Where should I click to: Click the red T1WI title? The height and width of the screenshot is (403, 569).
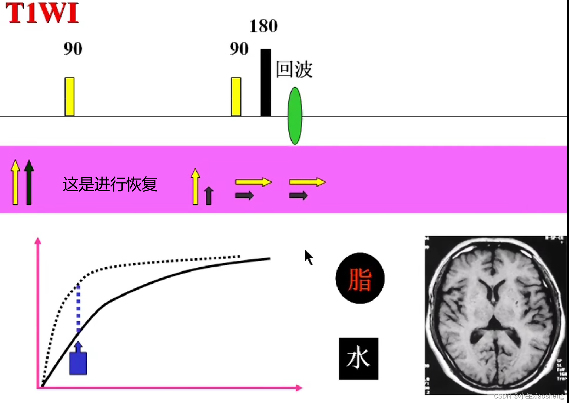tap(42, 13)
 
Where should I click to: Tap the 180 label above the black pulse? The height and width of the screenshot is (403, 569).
tap(263, 26)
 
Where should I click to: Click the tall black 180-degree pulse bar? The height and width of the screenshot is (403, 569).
tap(266, 83)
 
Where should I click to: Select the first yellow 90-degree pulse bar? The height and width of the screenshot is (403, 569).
tap(70, 97)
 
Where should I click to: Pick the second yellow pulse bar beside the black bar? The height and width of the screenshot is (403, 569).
tap(236, 97)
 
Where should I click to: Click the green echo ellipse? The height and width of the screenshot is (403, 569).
tap(295, 115)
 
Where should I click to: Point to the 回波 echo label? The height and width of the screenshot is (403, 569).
tap(294, 69)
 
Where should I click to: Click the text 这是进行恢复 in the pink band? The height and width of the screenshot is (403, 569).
tap(110, 184)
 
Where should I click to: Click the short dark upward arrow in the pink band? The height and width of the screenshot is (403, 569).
tap(209, 195)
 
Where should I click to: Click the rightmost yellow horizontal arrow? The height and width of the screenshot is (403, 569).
tap(307, 182)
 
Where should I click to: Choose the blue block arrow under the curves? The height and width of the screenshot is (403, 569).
tap(78, 360)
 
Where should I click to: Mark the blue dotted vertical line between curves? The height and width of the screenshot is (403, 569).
tap(78, 308)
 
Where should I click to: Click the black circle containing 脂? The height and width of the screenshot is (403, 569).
tap(360, 279)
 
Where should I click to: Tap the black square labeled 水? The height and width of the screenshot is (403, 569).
tap(358, 358)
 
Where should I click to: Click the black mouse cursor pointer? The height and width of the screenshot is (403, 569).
tap(308, 257)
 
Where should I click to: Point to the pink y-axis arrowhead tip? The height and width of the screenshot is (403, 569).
tap(38, 239)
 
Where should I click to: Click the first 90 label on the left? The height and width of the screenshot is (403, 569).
tap(73, 49)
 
